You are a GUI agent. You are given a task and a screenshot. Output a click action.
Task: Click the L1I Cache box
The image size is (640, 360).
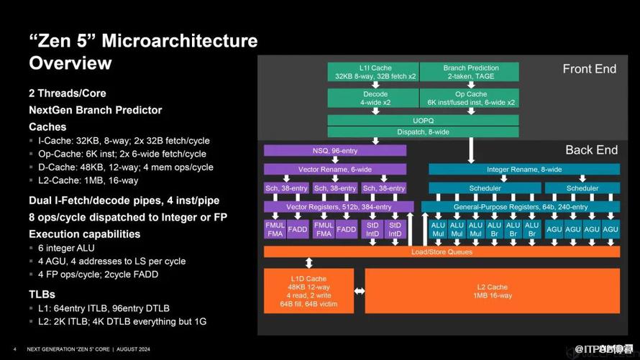click(x=372, y=72)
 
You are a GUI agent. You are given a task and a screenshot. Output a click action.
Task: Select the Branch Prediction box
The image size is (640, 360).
click(x=470, y=72)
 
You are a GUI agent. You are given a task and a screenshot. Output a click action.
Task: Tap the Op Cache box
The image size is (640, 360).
click(x=470, y=98)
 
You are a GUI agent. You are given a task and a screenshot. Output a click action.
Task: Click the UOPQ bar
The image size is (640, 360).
click(x=423, y=120)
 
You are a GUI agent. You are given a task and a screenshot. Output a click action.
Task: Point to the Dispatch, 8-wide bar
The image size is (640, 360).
click(x=423, y=131)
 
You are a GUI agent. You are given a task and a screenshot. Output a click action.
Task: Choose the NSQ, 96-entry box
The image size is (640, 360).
click(x=334, y=151)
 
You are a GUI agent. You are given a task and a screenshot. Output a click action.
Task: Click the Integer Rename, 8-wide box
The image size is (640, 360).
click(x=524, y=170)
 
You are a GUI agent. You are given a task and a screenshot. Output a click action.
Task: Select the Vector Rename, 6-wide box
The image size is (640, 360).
click(x=334, y=170)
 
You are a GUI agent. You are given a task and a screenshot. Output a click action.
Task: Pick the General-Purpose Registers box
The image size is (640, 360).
click(x=520, y=207)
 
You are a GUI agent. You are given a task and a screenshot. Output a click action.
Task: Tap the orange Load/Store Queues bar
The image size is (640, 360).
click(x=441, y=252)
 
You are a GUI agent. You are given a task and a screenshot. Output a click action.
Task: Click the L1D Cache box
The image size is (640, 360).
click(x=308, y=292)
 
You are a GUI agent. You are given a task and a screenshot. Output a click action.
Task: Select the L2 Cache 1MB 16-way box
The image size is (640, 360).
click(x=493, y=292)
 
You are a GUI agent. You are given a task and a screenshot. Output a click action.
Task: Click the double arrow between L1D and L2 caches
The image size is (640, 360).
click(x=359, y=292)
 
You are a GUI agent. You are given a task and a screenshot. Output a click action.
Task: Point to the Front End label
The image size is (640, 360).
click(x=590, y=69)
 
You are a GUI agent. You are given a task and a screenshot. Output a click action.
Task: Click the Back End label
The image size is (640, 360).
click(x=591, y=150)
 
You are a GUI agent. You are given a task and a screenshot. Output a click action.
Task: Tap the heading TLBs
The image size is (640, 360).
click(x=42, y=294)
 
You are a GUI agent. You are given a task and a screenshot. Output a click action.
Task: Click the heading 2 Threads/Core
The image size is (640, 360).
click(x=67, y=93)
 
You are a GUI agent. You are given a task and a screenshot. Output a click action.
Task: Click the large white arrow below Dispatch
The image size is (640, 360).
click(x=471, y=150)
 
